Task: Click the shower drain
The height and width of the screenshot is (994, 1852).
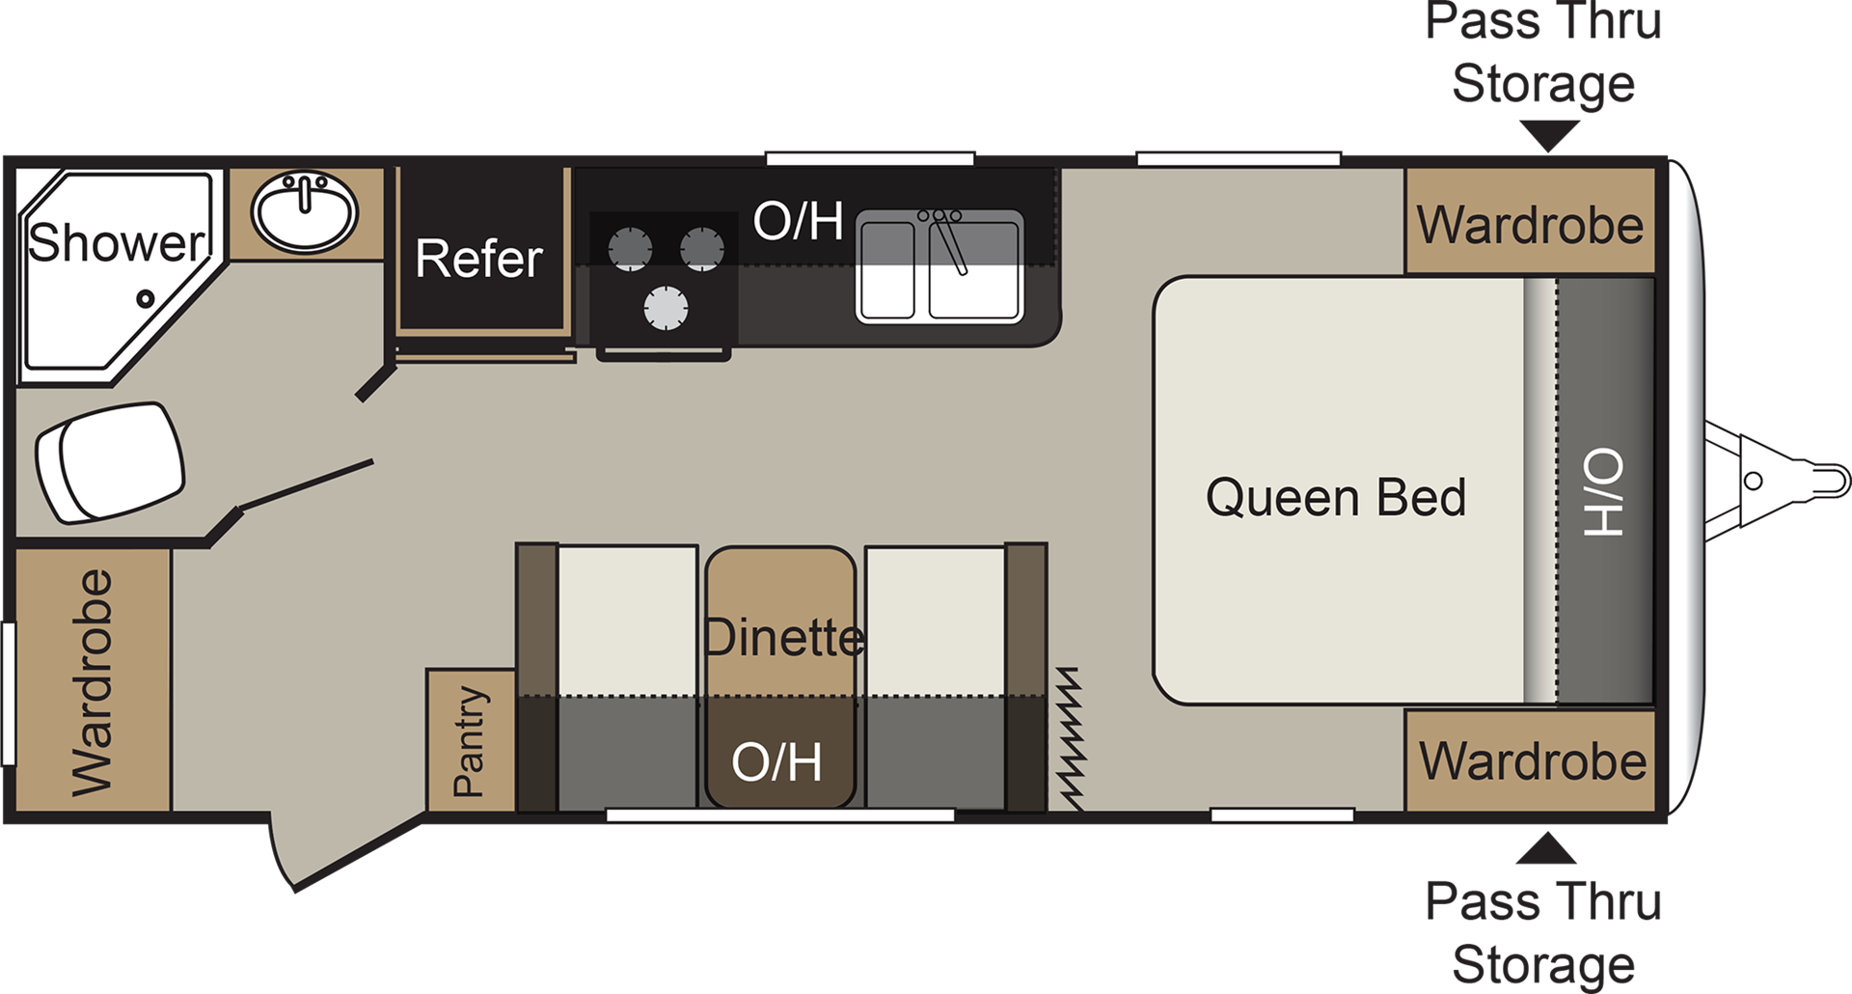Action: click(146, 299)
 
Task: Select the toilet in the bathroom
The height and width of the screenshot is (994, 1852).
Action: click(109, 462)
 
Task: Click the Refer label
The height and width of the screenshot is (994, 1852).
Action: click(479, 259)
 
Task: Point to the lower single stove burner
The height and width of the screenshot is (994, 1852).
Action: click(666, 309)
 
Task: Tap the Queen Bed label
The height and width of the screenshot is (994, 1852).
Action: click(1336, 498)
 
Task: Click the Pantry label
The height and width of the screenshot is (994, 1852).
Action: click(469, 741)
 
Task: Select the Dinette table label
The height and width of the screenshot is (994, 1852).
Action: click(783, 638)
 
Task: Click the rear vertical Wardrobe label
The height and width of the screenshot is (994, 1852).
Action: click(93, 683)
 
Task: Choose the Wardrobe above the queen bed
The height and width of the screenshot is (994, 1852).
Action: click(1531, 225)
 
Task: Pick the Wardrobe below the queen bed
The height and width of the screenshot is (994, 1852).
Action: click(1533, 760)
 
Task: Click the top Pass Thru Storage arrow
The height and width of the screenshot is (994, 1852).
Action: click(1548, 136)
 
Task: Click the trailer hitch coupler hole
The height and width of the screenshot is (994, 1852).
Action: click(1754, 481)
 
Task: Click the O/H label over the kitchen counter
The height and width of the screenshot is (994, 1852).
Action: click(798, 221)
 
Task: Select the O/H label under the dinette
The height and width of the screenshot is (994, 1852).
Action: click(776, 762)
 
